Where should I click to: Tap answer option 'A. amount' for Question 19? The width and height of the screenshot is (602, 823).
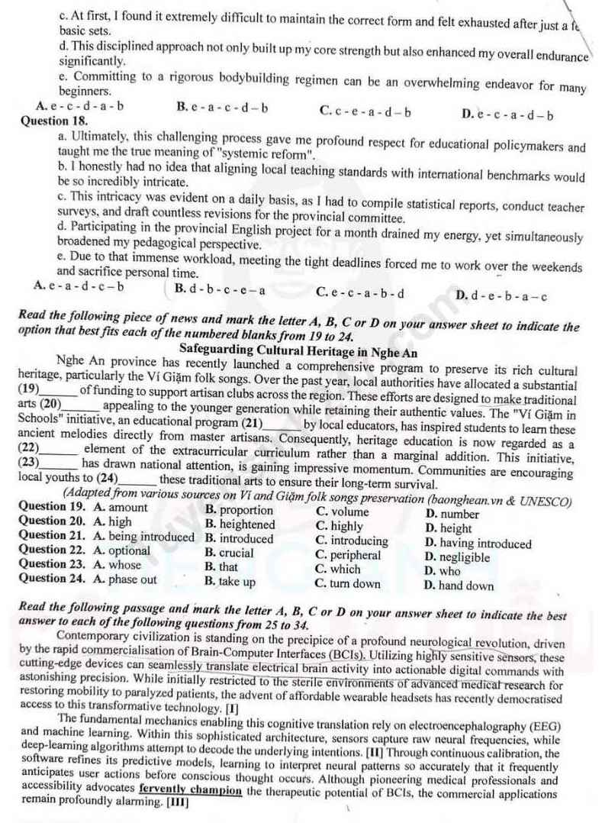pos(121,508)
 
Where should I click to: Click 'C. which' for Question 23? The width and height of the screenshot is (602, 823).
pos(337,569)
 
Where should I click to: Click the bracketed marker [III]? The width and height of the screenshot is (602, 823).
pos(176,802)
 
